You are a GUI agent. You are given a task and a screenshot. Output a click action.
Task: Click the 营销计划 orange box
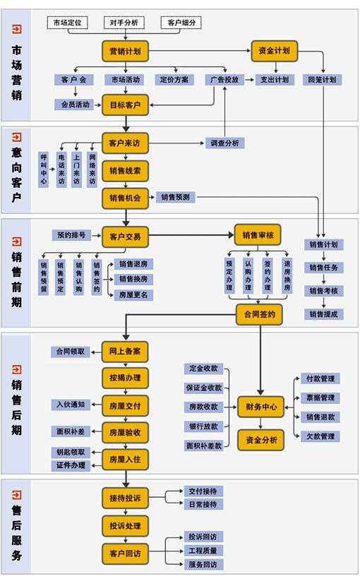coord(125,52)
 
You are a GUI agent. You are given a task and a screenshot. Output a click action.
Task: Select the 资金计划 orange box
coord(274,51)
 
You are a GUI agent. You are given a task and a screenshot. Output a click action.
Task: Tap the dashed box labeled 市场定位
coord(68,23)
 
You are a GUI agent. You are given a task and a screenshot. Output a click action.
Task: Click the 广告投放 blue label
coord(224,80)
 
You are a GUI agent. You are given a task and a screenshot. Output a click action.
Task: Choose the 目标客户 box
coord(125,105)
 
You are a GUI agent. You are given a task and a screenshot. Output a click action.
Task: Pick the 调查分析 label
coord(224,143)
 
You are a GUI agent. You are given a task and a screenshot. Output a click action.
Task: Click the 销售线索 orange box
coord(125,170)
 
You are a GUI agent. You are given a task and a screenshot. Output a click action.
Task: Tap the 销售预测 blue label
coord(174,198)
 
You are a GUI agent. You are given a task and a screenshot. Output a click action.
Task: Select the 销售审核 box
coord(258,235)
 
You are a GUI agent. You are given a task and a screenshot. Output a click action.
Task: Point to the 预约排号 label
coord(71,235)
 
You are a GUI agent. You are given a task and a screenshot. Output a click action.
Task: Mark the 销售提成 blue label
coord(323,314)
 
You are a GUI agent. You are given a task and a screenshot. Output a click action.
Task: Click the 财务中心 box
coord(260,407)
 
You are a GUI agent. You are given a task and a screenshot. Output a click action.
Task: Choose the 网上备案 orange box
coord(125,351)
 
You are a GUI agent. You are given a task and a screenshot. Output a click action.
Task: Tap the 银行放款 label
coord(203,426)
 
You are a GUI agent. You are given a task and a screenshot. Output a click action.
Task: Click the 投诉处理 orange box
coord(125,525)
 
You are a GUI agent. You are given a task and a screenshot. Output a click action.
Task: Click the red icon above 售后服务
coord(17,489)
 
